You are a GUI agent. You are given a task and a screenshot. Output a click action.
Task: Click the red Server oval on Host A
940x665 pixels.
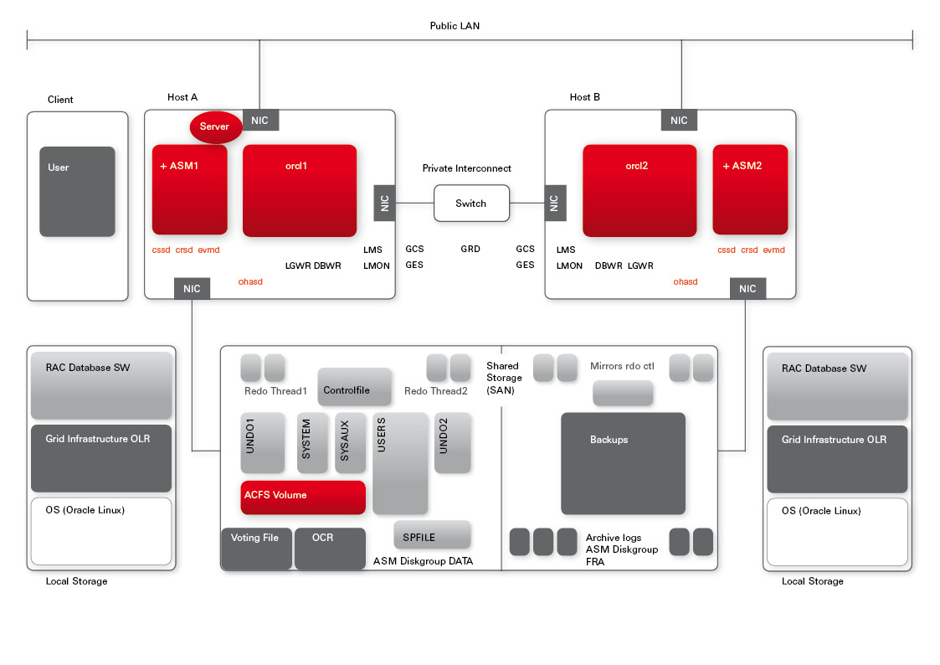pos(215,126)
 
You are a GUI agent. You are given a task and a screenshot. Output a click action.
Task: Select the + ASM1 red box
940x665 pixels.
pos(189,190)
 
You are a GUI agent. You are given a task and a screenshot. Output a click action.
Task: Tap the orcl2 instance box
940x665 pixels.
pos(640,191)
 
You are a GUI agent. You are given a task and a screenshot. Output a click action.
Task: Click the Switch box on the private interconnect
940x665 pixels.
pos(471,204)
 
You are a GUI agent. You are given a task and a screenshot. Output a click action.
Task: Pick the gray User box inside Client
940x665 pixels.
pos(77,192)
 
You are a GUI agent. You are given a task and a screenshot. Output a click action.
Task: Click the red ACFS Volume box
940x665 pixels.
pos(303,497)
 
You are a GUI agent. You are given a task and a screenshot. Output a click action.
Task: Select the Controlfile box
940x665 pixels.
pos(354,387)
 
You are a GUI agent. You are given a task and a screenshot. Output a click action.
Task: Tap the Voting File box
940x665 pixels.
pos(256,548)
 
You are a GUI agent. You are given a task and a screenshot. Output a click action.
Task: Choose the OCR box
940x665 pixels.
pos(330,548)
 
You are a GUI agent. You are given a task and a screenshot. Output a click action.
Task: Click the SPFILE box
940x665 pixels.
pos(432,535)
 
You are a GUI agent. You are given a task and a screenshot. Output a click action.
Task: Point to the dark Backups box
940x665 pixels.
pos(623,463)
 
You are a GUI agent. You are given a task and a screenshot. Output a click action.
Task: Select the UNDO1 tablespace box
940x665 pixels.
pos(258,443)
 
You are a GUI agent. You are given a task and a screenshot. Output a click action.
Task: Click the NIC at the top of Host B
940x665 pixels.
pos(679,121)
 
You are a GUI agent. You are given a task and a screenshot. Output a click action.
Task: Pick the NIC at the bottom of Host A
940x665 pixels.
pos(192,289)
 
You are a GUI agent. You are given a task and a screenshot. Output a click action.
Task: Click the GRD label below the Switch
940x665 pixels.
pos(470,250)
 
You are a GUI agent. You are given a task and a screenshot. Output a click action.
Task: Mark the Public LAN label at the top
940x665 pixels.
pos(455,26)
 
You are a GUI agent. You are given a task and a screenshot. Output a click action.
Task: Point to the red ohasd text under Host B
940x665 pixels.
pos(686,282)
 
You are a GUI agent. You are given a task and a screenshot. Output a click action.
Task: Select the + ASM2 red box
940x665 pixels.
pos(750,190)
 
